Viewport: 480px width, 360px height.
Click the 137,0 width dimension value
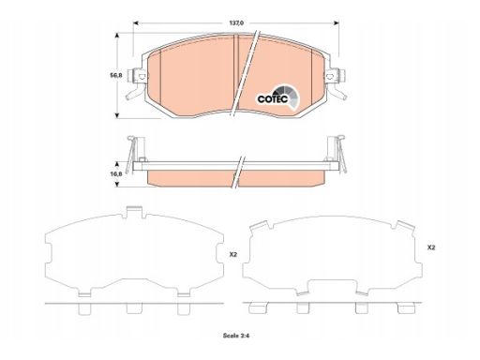(236, 22)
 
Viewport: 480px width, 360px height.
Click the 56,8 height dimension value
(116, 75)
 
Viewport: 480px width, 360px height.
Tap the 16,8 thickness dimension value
(116, 174)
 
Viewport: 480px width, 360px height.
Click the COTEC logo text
(273, 99)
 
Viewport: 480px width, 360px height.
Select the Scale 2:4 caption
(236, 336)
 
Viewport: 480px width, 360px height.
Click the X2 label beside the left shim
(233, 255)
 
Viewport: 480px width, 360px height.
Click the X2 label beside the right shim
(431, 247)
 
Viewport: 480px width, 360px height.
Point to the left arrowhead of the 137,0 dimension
(136, 22)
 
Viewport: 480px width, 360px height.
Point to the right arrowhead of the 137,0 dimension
(337, 22)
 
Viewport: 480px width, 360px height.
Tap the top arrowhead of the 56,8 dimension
(117, 35)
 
